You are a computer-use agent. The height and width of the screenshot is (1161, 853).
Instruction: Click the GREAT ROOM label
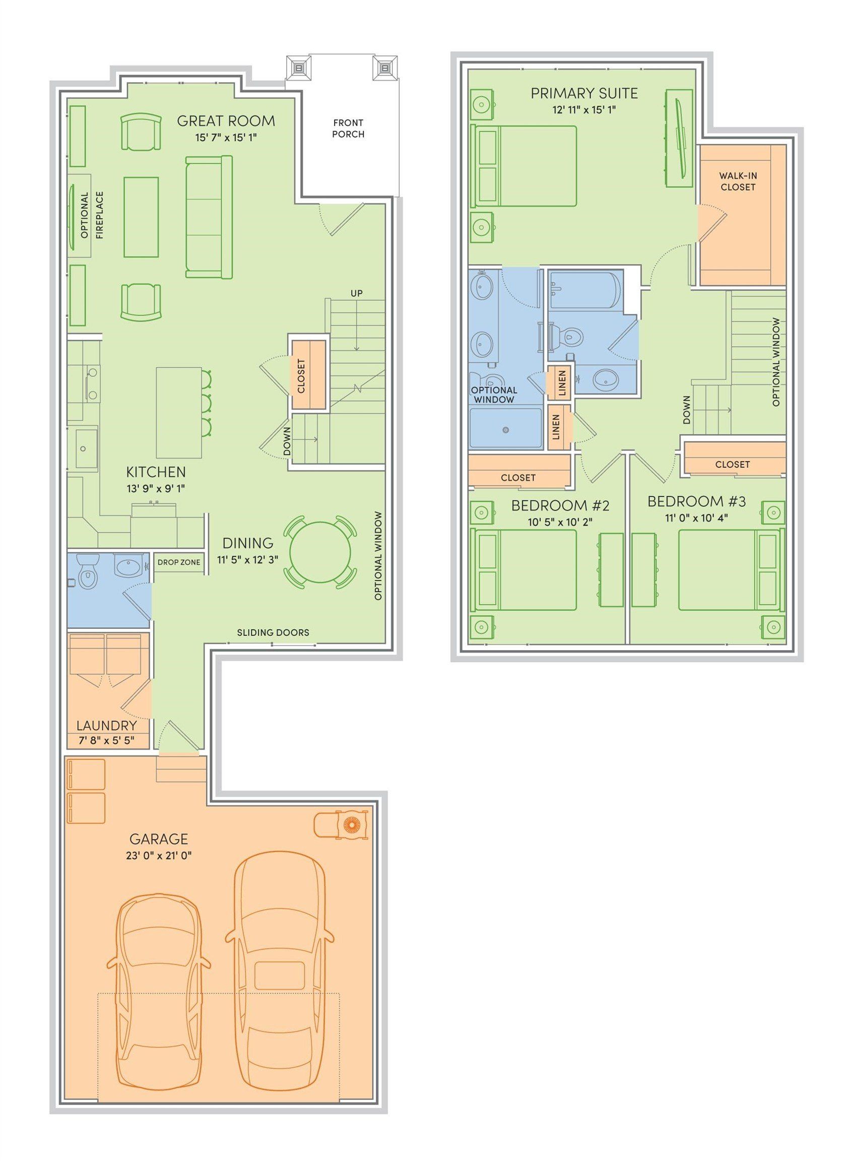226,121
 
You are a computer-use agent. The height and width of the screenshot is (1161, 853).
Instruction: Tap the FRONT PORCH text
348,128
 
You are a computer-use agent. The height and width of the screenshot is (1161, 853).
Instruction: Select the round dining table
320,552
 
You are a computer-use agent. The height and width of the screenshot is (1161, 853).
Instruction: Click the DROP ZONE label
179,562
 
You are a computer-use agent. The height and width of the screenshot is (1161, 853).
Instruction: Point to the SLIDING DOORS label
273,632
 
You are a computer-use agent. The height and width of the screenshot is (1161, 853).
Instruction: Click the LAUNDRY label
106,726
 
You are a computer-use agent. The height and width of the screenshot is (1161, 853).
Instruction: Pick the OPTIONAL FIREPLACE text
92,215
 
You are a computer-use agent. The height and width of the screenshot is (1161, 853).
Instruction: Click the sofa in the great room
209,217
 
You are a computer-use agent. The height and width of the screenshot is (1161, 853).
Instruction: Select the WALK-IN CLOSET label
737,181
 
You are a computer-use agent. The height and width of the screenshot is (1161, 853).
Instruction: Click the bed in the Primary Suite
524,166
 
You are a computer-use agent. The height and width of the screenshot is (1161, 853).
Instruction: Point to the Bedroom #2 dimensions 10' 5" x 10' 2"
560,521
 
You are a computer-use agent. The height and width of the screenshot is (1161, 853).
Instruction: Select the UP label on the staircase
356,293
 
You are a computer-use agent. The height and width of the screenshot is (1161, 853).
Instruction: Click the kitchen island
179,412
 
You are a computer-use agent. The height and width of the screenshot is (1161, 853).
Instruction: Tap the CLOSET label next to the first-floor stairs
301,375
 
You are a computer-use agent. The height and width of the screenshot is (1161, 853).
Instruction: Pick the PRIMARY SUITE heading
584,94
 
